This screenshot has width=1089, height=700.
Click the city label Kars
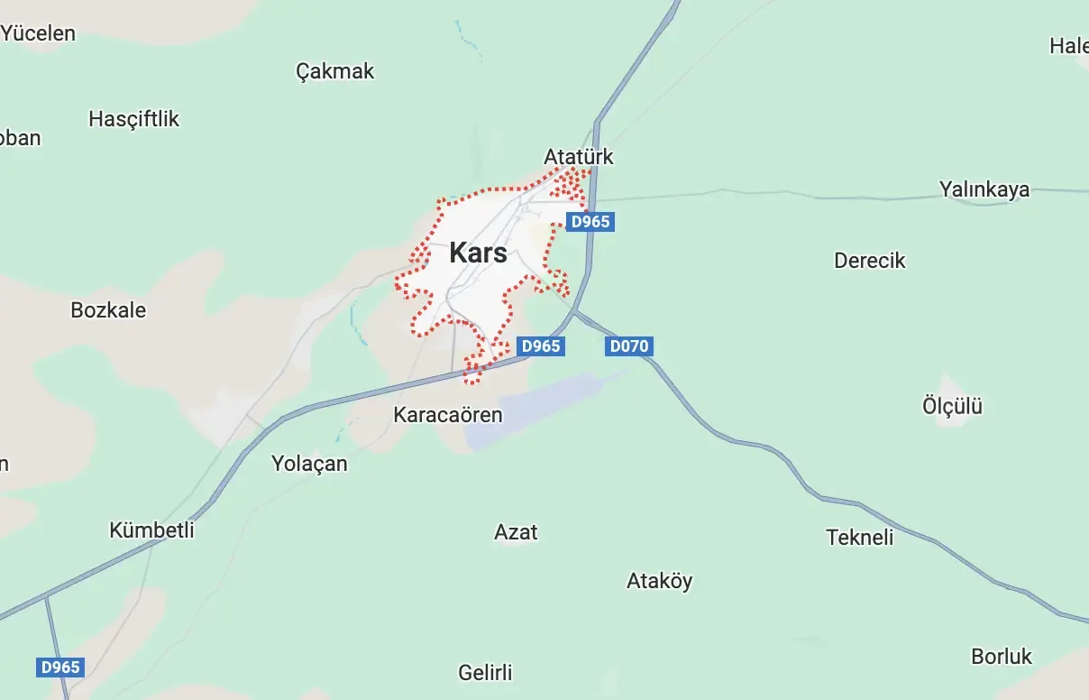[x=478, y=253]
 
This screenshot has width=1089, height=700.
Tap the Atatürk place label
[x=578, y=157]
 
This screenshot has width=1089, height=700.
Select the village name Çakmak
[x=334, y=71]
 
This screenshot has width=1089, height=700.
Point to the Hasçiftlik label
[x=134, y=119]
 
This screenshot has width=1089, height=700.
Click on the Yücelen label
[x=38, y=34]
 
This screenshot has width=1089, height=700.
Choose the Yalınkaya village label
[x=984, y=189]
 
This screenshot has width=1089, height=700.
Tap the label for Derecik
[x=869, y=261]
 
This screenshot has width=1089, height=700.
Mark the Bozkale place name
[x=108, y=310]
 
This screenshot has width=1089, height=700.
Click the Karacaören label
[x=447, y=415]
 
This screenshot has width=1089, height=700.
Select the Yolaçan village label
[x=309, y=464]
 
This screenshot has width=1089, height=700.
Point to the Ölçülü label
[x=952, y=406]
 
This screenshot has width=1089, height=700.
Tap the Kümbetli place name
[x=151, y=530]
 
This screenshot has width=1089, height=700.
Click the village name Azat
[x=516, y=532]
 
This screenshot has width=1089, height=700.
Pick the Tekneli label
[x=859, y=538]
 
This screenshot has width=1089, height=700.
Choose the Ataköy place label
[x=659, y=581]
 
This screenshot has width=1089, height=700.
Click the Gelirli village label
[x=485, y=672]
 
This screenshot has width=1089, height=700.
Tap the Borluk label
[x=1002, y=656]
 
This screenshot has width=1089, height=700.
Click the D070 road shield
[x=627, y=346]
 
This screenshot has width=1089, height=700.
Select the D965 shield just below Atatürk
[x=590, y=222]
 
